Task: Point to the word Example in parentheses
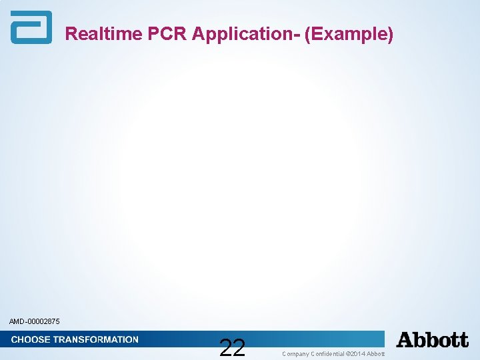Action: [349, 34]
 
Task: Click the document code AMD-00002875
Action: [35, 322]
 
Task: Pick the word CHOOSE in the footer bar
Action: [30, 339]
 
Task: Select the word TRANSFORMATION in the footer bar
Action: [95, 339]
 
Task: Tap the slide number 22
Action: [232, 347]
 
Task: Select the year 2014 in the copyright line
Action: [359, 354]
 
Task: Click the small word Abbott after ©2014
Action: [376, 354]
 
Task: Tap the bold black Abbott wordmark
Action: [432, 340]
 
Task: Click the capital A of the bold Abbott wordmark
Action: [405, 340]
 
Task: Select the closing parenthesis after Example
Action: [390, 34]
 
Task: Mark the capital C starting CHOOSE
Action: [15, 339]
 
